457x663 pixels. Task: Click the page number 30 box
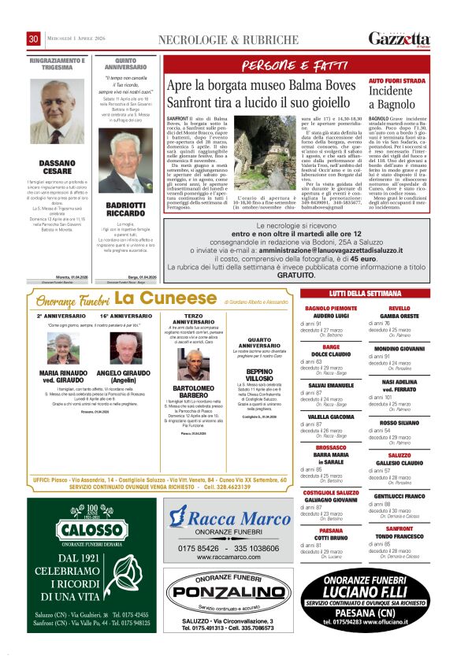click(x=34, y=39)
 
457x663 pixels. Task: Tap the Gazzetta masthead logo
click(x=402, y=39)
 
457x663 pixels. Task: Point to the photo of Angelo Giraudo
click(x=124, y=348)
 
